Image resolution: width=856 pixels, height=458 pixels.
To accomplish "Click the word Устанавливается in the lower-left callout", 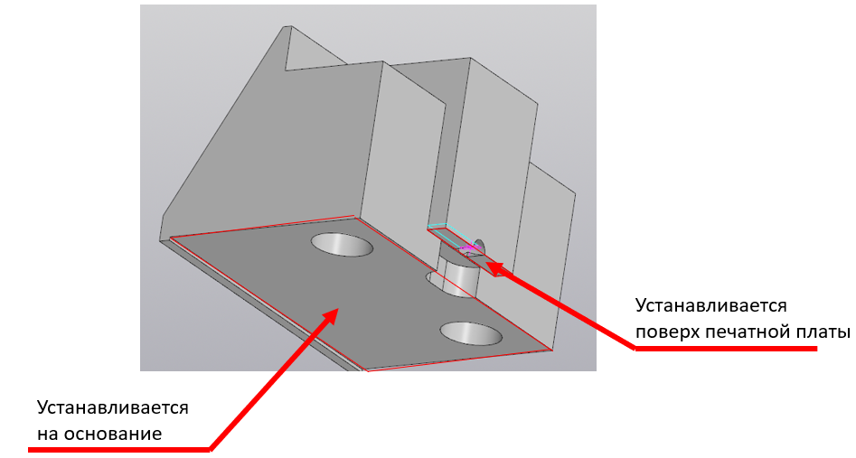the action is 112,407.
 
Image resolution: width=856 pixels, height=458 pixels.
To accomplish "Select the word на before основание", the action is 48,434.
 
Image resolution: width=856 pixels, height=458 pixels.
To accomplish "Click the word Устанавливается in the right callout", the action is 710,305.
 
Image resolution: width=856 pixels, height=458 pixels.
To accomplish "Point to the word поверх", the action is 667,332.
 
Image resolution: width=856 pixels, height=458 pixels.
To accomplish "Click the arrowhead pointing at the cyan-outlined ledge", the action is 494,266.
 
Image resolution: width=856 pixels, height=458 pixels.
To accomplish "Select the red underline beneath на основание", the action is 119,449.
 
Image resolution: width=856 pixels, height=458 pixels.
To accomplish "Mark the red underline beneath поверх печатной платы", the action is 726,348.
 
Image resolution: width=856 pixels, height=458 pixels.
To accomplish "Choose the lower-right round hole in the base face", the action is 471,333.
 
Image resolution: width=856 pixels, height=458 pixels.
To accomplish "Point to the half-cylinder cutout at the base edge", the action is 457,277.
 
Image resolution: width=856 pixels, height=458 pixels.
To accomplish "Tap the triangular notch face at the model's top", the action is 314,51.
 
